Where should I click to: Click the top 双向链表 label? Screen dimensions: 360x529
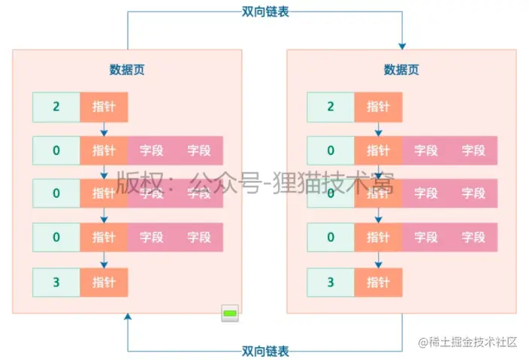[265, 11]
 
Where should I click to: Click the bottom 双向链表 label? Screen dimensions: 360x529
[265, 351]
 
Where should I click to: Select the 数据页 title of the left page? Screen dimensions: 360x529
[127, 70]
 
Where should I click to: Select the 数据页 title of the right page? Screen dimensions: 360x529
[401, 70]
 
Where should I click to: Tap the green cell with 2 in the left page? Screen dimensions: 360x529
[56, 107]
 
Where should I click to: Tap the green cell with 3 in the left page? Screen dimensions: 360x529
[56, 283]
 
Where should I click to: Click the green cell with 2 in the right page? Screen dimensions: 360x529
[331, 107]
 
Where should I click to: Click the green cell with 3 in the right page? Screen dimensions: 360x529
[331, 283]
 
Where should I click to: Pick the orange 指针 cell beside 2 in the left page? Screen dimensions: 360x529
[104, 107]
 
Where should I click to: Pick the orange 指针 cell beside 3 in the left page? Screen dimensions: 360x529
[104, 283]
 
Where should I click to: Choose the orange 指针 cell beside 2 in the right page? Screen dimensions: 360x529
[378, 107]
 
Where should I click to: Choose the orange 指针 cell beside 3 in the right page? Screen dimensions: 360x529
[378, 283]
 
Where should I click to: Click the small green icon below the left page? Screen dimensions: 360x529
[230, 313]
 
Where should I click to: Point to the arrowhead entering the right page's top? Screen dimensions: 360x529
[402, 44]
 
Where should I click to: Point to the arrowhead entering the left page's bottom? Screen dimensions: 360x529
[127, 319]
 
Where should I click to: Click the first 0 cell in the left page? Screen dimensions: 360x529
[56, 150]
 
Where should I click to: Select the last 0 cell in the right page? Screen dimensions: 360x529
[331, 237]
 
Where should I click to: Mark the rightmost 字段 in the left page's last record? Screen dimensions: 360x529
[199, 237]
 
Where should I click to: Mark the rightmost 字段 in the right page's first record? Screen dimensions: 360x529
[473, 150]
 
